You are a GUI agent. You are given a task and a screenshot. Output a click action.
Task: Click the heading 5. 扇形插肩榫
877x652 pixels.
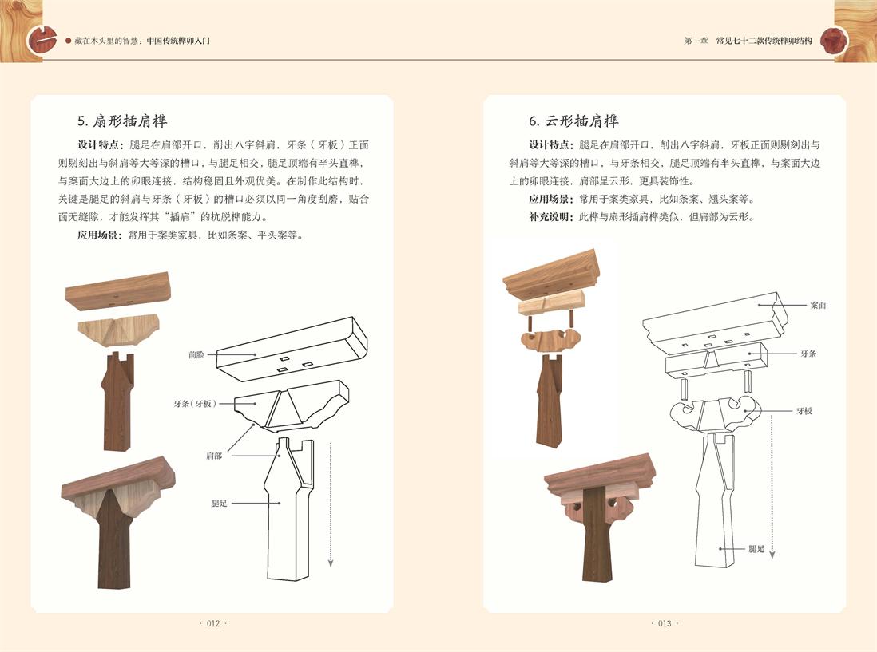coord(122,121)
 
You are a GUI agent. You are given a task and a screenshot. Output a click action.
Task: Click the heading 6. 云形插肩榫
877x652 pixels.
coord(573,121)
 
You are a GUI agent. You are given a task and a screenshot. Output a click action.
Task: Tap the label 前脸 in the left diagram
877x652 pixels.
coord(196,355)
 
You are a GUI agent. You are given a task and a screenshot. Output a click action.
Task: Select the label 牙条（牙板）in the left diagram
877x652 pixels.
coord(195,403)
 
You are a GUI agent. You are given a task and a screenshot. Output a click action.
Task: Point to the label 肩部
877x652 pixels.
coord(214,456)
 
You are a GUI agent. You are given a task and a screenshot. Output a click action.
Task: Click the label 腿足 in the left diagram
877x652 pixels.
coord(219,504)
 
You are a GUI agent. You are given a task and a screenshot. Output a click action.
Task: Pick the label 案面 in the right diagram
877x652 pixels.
coord(818,305)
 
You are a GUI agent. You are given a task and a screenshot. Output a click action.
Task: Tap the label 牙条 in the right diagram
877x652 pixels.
coord(808,354)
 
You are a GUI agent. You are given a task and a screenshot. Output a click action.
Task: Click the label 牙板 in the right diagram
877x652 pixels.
coord(804,411)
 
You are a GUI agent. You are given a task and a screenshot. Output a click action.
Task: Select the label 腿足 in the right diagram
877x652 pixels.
coord(756,549)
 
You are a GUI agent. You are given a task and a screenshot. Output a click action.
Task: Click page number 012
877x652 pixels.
coord(213,623)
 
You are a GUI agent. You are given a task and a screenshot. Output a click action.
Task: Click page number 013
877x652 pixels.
coord(665,623)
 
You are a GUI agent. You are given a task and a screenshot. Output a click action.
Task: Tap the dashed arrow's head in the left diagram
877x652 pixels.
coord(331,563)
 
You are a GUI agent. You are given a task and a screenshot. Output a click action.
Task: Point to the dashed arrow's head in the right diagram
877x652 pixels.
coord(772,555)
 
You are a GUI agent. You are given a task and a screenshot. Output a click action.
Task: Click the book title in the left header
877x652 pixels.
coord(142,41)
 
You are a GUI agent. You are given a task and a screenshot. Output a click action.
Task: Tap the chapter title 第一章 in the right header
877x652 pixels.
coord(696,41)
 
